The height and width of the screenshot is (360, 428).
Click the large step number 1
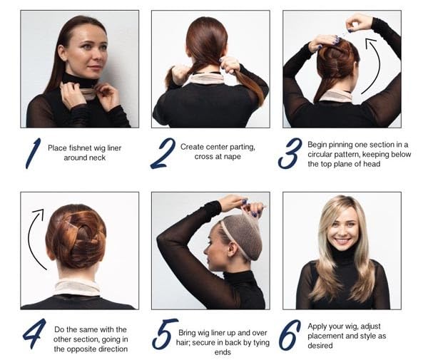click(x=34, y=153)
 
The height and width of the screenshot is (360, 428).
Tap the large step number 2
click(x=163, y=153)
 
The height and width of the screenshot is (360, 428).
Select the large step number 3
click(x=290, y=153)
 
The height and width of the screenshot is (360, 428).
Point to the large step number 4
click(x=34, y=334)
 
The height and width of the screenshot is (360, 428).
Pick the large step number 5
click(x=165, y=334)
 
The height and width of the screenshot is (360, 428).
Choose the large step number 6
click(x=290, y=334)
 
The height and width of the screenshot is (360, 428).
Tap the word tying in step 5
click(x=260, y=343)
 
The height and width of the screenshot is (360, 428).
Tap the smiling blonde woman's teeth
click(x=343, y=241)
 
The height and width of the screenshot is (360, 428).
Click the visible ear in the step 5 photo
click(x=232, y=250)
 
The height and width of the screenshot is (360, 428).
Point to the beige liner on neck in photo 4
click(x=78, y=287)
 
